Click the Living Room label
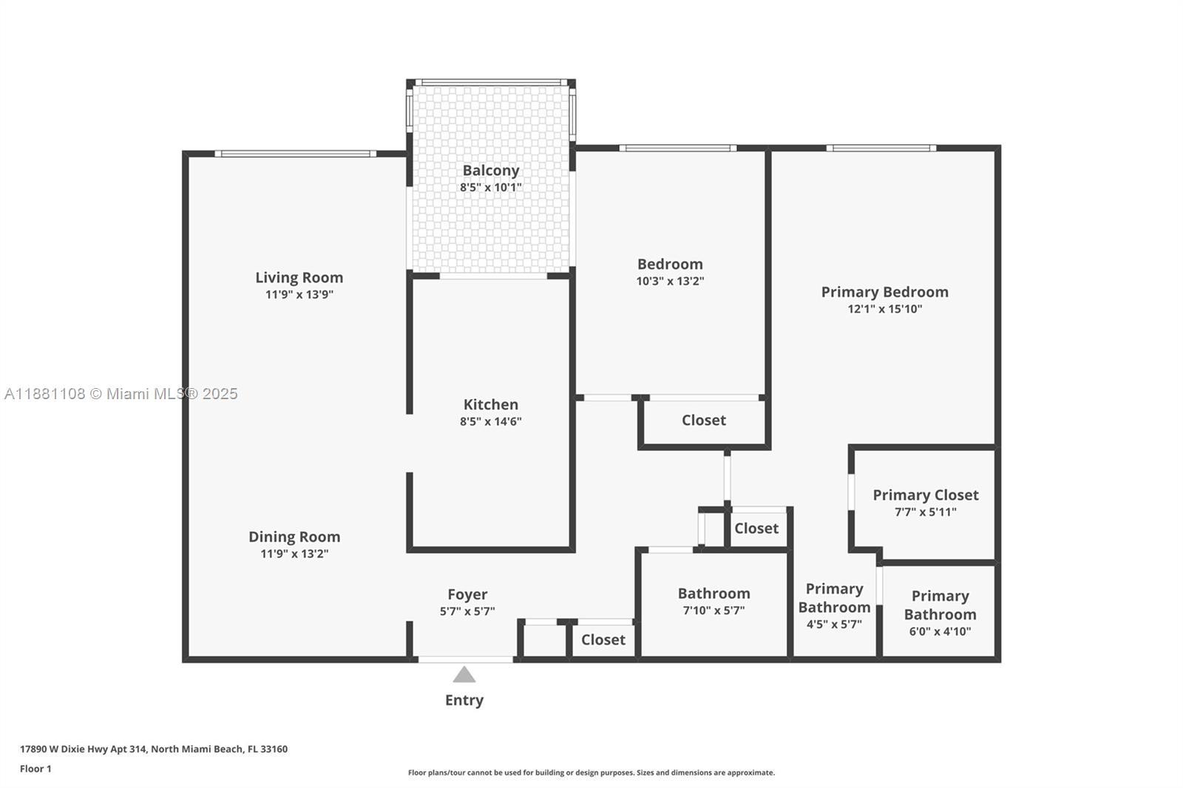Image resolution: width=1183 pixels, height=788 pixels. click(x=299, y=277)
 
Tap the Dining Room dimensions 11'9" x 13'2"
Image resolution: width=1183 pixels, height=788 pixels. click(x=294, y=554)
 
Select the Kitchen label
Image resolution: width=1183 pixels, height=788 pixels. click(x=491, y=404)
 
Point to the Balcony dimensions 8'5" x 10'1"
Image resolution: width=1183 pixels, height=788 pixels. click(x=491, y=187)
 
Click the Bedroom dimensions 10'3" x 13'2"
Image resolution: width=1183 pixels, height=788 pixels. click(x=670, y=281)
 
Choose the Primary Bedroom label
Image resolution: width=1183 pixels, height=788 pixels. click(x=884, y=292)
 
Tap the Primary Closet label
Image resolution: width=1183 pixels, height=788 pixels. click(x=925, y=495)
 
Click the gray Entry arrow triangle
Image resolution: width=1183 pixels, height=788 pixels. click(x=464, y=674)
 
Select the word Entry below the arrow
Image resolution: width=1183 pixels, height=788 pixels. click(x=464, y=700)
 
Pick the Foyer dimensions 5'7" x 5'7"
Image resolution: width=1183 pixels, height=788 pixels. click(x=467, y=611)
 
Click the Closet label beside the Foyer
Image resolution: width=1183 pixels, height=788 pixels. click(x=603, y=639)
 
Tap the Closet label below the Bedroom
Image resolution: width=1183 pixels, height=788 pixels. click(x=703, y=420)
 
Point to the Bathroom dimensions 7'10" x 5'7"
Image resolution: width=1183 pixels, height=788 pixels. click(x=713, y=610)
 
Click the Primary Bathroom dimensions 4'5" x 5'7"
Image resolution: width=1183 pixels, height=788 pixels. click(x=834, y=625)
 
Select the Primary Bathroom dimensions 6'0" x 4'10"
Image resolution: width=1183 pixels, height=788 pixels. click(x=940, y=631)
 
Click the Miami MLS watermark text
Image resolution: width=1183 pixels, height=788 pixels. click(x=121, y=393)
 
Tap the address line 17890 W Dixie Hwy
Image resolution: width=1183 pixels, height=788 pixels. click(x=154, y=749)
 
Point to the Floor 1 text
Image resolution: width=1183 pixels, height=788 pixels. click(x=36, y=769)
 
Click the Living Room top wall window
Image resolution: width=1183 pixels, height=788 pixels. click(x=296, y=154)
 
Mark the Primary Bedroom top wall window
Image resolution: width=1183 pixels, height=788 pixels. click(x=881, y=148)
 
